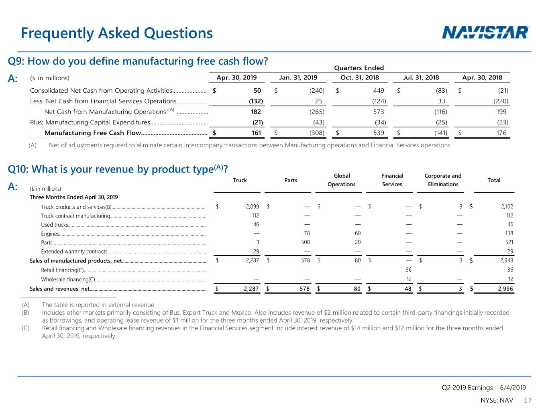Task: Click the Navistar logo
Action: [x=485, y=33]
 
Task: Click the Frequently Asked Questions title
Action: [x=116, y=33]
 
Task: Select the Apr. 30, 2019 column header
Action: [x=236, y=77]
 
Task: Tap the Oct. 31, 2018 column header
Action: [x=359, y=77]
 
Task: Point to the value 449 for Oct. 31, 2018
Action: [x=379, y=90]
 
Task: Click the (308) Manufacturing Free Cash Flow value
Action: [x=317, y=133]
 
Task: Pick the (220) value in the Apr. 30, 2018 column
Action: [x=501, y=101]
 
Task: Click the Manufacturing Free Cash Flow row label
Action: [x=93, y=133]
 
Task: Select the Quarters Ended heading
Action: [x=359, y=68]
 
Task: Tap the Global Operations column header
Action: [x=342, y=180]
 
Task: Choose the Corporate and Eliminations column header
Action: [x=443, y=180]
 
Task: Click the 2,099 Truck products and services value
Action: [x=253, y=206]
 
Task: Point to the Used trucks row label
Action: [x=55, y=225]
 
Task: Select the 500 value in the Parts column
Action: [x=306, y=242]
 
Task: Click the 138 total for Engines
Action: [x=509, y=233]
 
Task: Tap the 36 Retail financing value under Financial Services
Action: [x=408, y=269]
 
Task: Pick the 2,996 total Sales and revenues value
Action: [x=505, y=289]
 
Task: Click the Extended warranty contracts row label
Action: [x=74, y=251]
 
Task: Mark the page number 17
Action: [x=528, y=400]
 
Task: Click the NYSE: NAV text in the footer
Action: [x=497, y=400]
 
